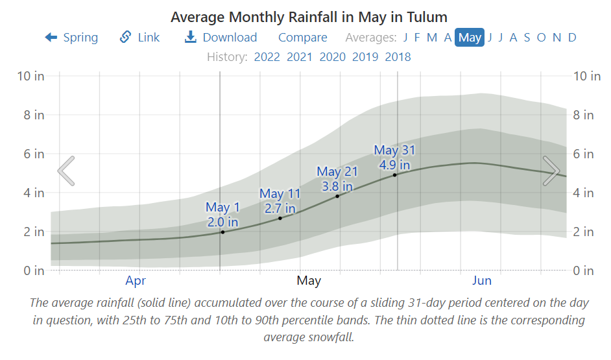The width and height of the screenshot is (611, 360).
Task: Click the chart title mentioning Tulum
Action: coord(309,17)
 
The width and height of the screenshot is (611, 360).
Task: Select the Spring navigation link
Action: coord(71,38)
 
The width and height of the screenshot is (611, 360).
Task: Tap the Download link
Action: coord(221,38)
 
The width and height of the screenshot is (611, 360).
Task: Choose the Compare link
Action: coord(302,38)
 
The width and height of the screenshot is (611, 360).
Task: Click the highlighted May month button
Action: coord(470,38)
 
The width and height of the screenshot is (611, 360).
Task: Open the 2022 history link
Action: coord(267,56)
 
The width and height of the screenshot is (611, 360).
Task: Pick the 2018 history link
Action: coord(398,56)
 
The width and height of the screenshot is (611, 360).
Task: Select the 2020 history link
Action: coord(332,56)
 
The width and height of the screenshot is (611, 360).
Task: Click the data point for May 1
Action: coord(222,232)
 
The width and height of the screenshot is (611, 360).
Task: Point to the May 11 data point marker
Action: coord(280,218)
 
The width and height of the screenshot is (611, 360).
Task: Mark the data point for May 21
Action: coord(337,196)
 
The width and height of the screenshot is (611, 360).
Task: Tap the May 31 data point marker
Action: coord(394,174)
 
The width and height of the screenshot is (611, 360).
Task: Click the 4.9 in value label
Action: coord(394,165)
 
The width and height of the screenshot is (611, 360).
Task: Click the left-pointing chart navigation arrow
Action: coord(66,171)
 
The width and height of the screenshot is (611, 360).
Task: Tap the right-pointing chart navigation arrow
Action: coord(551,171)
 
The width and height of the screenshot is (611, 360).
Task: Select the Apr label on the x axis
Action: coord(135,281)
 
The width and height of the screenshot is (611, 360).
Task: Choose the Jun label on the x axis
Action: coord(481,281)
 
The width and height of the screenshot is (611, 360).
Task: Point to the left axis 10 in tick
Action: coord(30,76)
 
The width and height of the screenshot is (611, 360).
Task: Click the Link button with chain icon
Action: coord(139,38)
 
